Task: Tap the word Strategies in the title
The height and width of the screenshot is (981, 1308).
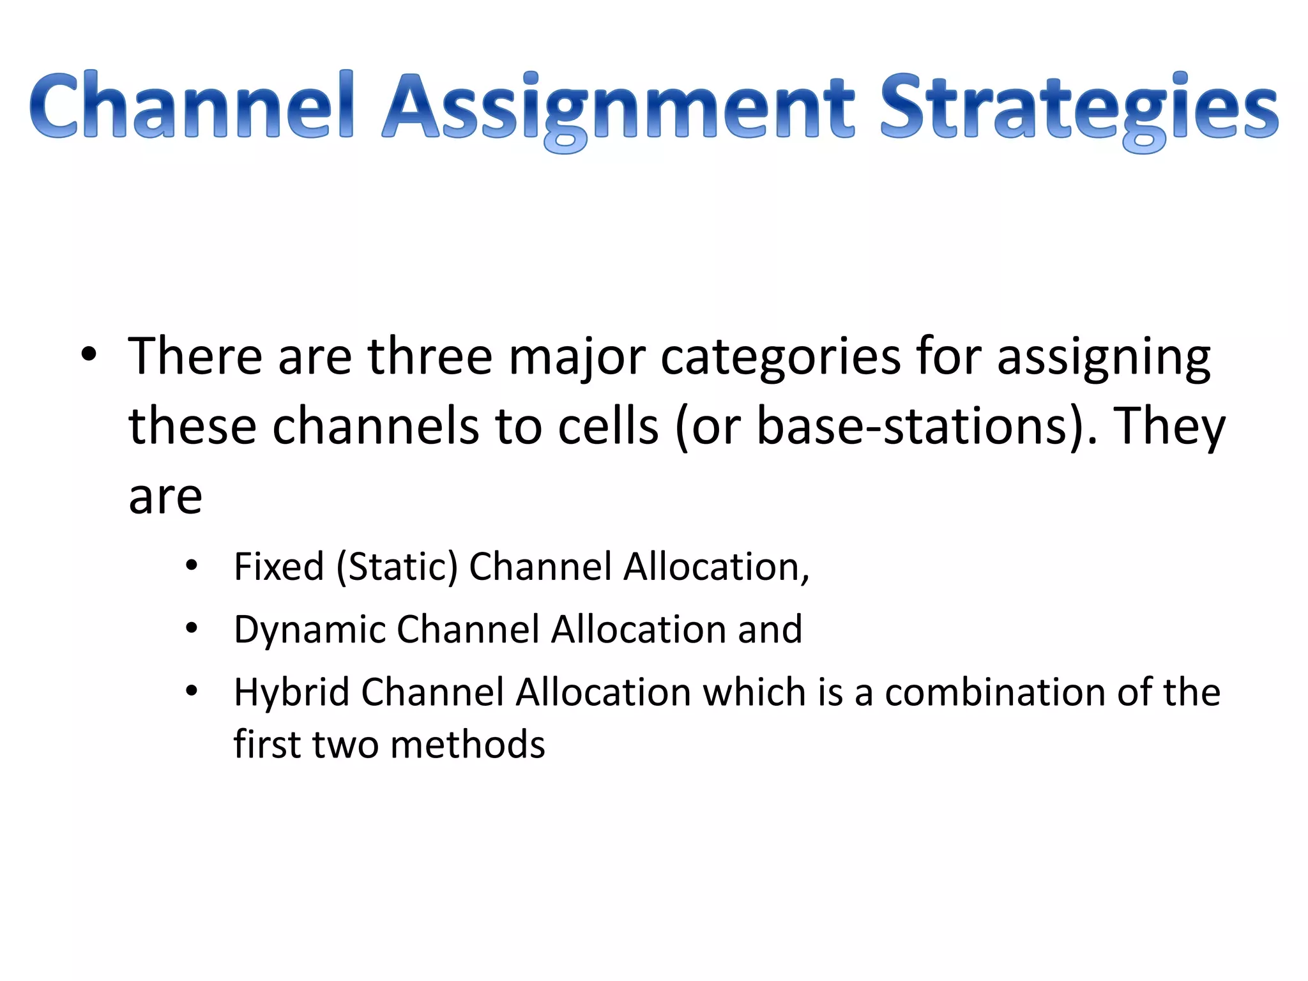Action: [1079, 107]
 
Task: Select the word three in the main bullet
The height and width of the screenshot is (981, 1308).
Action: [429, 356]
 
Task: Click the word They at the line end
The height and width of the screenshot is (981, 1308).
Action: [1169, 427]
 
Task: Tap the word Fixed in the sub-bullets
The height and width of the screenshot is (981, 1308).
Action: [279, 567]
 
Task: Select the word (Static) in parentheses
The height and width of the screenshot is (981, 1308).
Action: [397, 567]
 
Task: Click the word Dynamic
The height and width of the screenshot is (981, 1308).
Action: [309, 630]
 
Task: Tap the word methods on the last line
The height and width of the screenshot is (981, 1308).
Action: [468, 745]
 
